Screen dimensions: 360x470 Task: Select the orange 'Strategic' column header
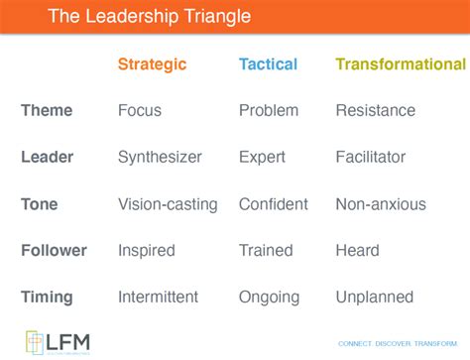152,64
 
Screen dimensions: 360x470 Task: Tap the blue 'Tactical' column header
268,64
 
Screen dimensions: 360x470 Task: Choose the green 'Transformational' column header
400,64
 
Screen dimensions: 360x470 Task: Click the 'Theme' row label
46,111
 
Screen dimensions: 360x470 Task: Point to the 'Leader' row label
46,157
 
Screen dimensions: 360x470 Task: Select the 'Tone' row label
40,204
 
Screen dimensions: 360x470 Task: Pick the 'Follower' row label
54,251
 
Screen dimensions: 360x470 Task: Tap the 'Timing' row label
48,297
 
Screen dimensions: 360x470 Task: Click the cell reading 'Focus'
140,111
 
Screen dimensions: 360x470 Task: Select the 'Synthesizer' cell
160,157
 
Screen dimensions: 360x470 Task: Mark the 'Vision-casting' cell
168,204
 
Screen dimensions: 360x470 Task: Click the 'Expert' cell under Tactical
262,157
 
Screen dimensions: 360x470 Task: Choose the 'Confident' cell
273,204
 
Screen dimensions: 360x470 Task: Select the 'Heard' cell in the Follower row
357,251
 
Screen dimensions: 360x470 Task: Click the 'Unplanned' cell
373,297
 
